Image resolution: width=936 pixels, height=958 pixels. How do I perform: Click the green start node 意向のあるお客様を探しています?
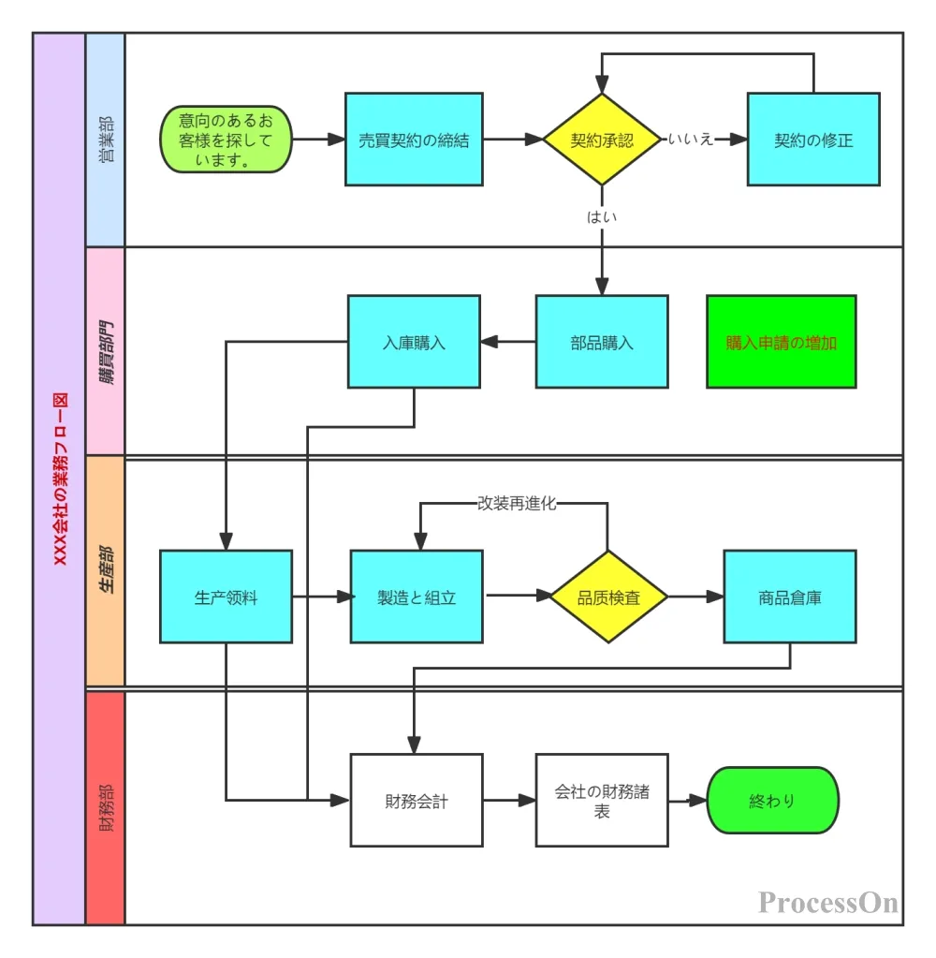coord(226,140)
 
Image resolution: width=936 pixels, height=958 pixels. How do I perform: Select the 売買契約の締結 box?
coord(414,140)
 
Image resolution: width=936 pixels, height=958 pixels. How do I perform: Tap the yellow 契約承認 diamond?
coord(602,140)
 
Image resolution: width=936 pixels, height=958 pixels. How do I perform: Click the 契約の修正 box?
coord(812,140)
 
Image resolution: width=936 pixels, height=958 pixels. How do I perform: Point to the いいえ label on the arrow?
coord(691,140)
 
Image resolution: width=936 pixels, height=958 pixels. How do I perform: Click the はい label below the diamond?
coord(602,216)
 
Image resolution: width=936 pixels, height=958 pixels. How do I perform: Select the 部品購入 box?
coord(602,342)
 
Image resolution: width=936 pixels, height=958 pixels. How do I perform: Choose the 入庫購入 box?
coord(414,342)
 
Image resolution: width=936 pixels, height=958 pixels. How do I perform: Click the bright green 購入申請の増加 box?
coord(781,342)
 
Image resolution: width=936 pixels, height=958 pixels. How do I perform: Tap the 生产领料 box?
coord(226,597)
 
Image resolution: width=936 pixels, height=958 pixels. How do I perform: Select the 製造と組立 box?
coord(417,597)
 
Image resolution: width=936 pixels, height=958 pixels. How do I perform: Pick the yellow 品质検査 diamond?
coord(608,597)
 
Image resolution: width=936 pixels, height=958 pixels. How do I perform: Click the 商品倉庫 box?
coord(789,597)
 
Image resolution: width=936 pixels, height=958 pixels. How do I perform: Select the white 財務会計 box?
coord(417,801)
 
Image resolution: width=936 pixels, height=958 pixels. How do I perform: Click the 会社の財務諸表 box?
coord(602,801)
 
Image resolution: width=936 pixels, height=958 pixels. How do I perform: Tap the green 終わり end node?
coord(772,801)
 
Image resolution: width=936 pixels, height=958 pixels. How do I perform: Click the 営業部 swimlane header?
coord(105,140)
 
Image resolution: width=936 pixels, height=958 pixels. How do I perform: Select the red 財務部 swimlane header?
coord(105,807)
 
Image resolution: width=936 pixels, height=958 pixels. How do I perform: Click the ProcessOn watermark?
coord(828,902)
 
